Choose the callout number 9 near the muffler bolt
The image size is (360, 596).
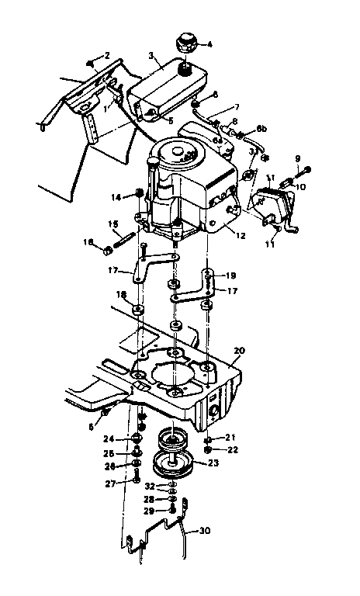[297, 161]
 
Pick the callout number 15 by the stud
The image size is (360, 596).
[112, 225]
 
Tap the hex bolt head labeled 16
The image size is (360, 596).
[107, 249]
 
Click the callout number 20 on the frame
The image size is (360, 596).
[239, 351]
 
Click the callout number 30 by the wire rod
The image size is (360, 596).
[205, 531]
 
